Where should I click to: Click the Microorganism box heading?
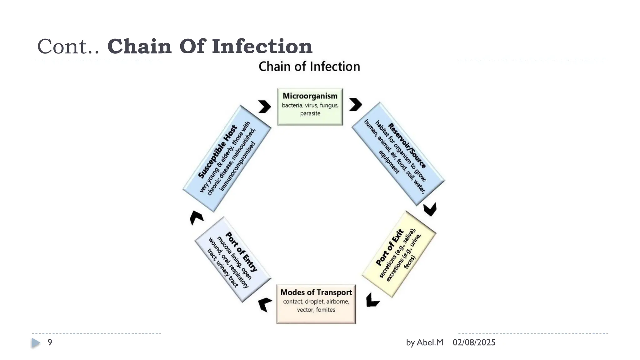[310, 96]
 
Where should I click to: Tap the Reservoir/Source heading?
[407, 145]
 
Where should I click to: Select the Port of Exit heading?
[390, 248]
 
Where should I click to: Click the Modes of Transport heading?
[316, 292]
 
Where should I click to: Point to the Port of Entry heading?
[242, 252]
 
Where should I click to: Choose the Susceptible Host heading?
[218, 152]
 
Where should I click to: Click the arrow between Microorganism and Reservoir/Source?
[355, 104]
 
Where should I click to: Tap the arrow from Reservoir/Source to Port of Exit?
[430, 209]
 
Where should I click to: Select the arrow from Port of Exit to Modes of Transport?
[372, 300]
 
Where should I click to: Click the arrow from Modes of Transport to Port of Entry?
[265, 304]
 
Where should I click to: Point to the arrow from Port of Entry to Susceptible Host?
[196, 217]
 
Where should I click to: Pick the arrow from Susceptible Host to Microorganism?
[265, 107]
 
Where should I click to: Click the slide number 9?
[50, 342]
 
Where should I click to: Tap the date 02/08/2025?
[474, 342]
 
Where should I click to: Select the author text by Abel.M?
[425, 342]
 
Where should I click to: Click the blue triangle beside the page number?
[36, 343]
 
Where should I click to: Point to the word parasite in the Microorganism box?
[310, 113]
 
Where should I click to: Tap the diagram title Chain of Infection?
[309, 67]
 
